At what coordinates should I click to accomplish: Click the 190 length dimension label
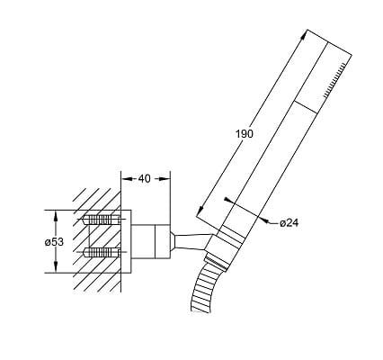click(x=244, y=134)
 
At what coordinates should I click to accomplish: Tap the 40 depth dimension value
click(x=144, y=179)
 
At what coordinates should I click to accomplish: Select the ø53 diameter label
click(x=54, y=241)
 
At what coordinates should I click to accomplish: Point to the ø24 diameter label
click(x=289, y=223)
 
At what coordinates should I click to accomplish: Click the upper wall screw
click(x=101, y=220)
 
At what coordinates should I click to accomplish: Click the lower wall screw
click(x=101, y=252)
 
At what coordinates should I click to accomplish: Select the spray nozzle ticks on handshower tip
click(x=335, y=79)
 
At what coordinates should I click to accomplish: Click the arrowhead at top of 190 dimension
click(x=304, y=35)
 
